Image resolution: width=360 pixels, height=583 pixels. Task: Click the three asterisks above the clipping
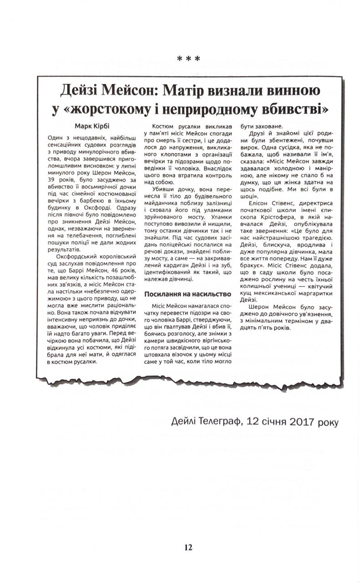[188, 59]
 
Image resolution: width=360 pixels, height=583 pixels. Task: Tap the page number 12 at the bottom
[188, 547]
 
